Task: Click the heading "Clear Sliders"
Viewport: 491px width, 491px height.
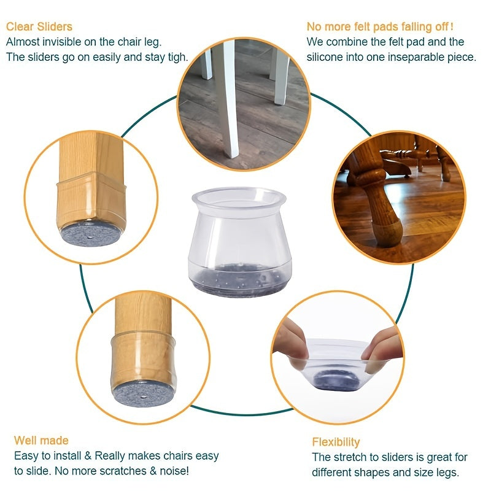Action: pos(39,26)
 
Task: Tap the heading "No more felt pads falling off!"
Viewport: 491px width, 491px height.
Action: pos(380,26)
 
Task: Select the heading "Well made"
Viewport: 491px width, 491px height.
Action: pos(41,440)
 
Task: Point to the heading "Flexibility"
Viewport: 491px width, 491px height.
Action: pos(336,442)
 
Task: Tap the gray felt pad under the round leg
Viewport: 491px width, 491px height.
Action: pos(144,393)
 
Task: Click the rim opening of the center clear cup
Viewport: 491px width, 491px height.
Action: pos(239,198)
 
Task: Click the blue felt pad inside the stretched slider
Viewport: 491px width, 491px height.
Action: pos(337,379)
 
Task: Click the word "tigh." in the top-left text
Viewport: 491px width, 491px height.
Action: pos(177,57)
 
